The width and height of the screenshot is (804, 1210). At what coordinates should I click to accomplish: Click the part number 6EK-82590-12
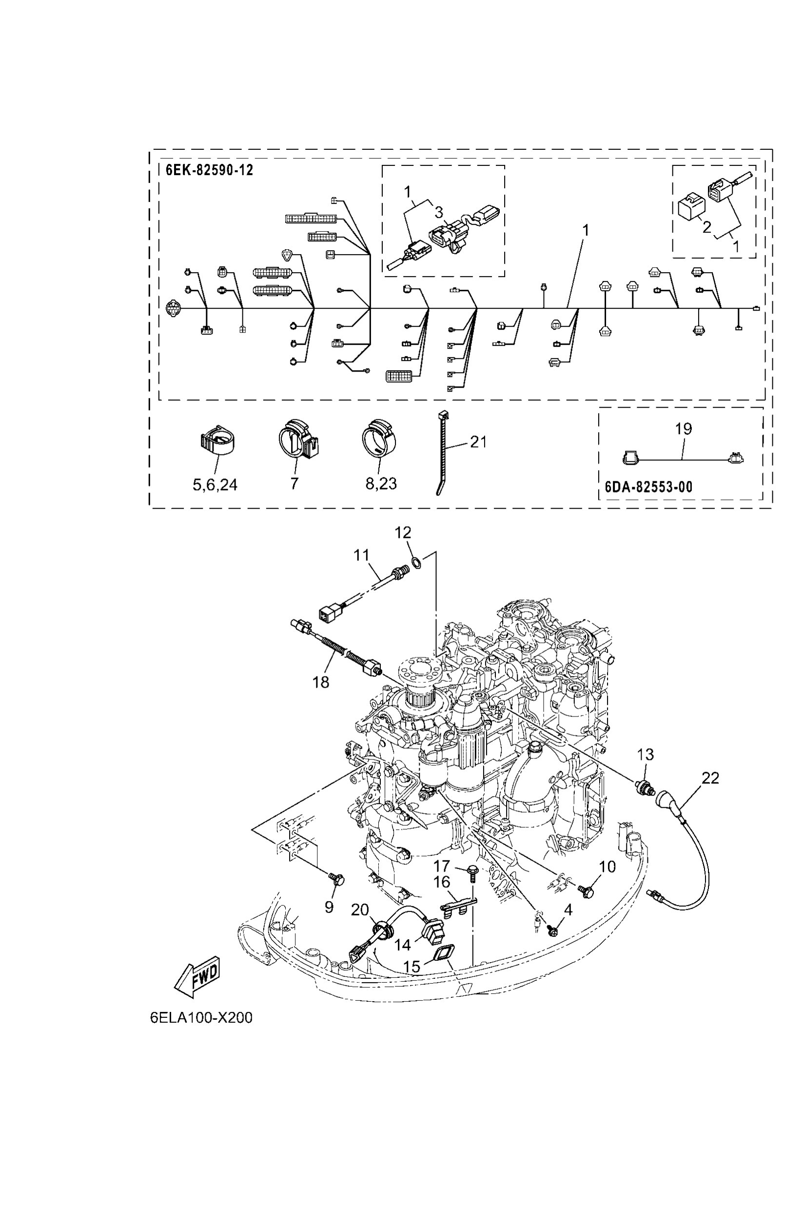pyautogui.click(x=209, y=170)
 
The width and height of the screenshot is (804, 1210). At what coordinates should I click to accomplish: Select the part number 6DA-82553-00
pyautogui.click(x=648, y=487)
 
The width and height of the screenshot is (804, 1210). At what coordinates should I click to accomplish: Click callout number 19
pyautogui.click(x=684, y=429)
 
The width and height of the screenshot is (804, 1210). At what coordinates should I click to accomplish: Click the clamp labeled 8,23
pyautogui.click(x=380, y=438)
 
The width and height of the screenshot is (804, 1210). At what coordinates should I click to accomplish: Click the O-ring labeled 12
pyautogui.click(x=417, y=563)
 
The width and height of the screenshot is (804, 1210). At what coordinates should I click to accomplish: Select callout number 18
pyautogui.click(x=321, y=682)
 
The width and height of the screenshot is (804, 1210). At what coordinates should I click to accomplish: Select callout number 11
pyautogui.click(x=361, y=555)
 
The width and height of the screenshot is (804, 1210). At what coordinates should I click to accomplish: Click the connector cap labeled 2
pyautogui.click(x=691, y=207)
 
